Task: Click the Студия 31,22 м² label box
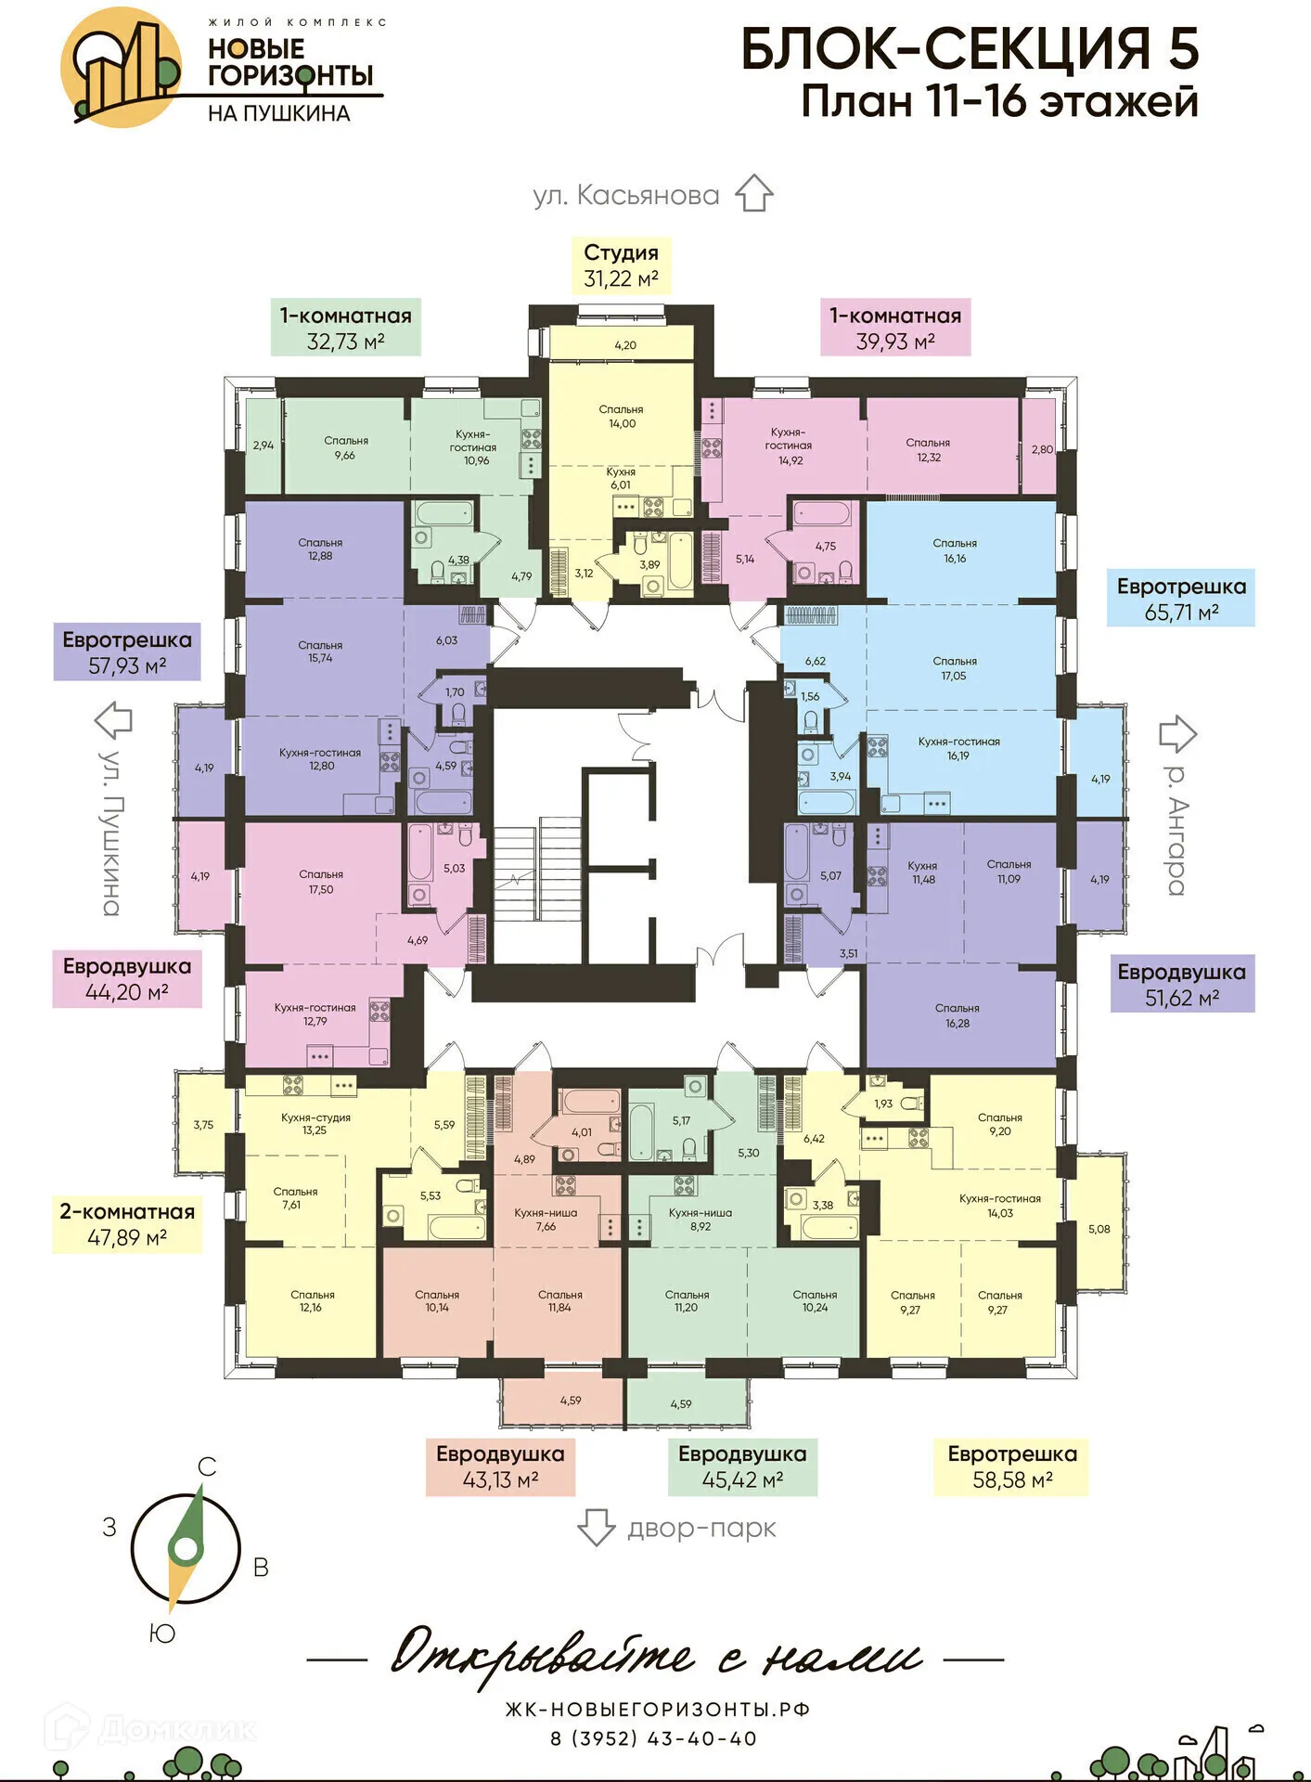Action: tap(620, 265)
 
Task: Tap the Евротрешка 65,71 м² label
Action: tap(1180, 599)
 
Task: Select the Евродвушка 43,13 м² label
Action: tap(500, 1466)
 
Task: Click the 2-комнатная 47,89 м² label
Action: tap(127, 1224)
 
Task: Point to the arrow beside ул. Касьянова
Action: tap(753, 193)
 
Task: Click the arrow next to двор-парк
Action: tap(596, 1527)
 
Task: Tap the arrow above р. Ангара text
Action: tap(1176, 733)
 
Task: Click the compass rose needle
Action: tap(186, 1548)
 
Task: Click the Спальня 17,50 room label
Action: tap(321, 882)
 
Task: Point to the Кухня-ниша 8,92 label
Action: tap(700, 1220)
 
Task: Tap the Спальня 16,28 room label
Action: tap(957, 1015)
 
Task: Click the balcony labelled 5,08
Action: tap(1099, 1229)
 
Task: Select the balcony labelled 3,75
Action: tap(203, 1124)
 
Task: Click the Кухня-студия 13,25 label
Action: tap(315, 1124)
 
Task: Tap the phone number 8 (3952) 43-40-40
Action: tap(654, 1738)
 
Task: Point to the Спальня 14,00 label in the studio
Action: tap(621, 416)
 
